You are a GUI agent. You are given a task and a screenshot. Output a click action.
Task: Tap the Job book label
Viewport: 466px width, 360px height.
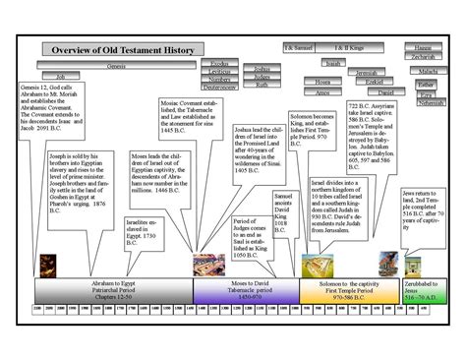click(61, 76)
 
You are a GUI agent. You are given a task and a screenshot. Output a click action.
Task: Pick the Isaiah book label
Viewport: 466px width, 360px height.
click(333, 63)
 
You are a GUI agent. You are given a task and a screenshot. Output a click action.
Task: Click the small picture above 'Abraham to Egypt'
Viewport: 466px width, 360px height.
click(46, 263)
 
